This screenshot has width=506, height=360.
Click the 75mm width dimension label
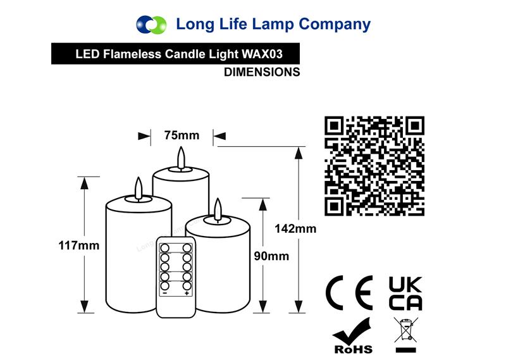point(182,135)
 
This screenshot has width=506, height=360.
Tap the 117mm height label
point(78,245)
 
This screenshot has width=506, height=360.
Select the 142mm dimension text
point(295,228)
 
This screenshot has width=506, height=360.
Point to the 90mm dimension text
point(271,256)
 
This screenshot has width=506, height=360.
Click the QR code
point(374,166)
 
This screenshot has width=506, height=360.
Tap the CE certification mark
point(349,293)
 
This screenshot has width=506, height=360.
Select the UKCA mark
point(405,293)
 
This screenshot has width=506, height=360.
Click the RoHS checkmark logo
point(353,336)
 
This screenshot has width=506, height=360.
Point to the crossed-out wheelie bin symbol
point(406,335)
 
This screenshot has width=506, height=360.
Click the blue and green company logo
point(151,25)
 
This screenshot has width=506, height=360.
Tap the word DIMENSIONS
point(262,72)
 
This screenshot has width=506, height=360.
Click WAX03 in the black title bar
point(262,54)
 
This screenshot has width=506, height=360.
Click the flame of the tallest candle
point(182,158)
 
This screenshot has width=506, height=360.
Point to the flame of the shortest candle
point(218,209)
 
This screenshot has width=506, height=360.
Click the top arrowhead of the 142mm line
point(299,153)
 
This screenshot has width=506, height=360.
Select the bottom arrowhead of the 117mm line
point(85,306)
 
